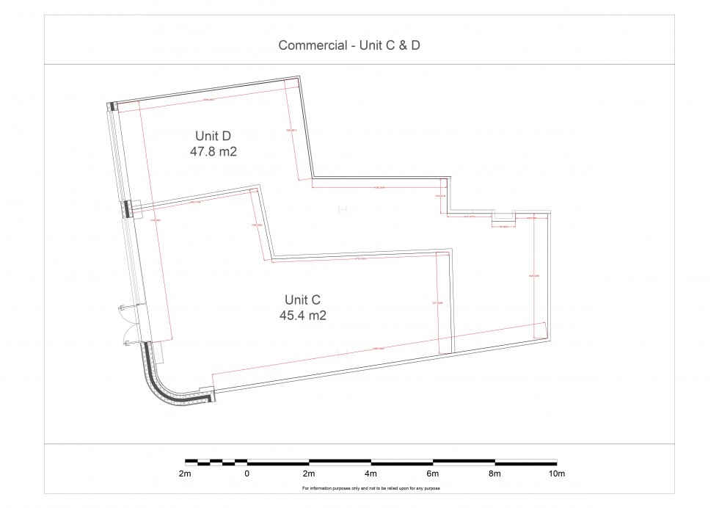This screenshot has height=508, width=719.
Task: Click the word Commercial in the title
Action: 311,46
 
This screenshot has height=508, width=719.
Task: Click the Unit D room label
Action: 213,136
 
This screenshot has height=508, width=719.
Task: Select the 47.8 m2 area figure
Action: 213,152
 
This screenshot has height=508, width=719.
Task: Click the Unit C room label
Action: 303,300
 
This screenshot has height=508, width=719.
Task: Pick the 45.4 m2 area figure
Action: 303,316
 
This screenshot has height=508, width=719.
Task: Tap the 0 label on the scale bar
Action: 247,473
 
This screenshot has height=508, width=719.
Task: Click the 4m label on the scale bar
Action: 371,473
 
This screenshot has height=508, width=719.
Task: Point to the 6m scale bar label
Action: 433,473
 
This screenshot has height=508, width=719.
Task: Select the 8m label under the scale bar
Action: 495,473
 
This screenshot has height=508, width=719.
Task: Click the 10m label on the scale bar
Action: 557,473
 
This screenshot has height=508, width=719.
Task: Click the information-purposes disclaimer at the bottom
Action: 371,488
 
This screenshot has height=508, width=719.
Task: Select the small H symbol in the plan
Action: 341,211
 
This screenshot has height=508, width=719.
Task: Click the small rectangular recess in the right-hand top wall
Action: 503,217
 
